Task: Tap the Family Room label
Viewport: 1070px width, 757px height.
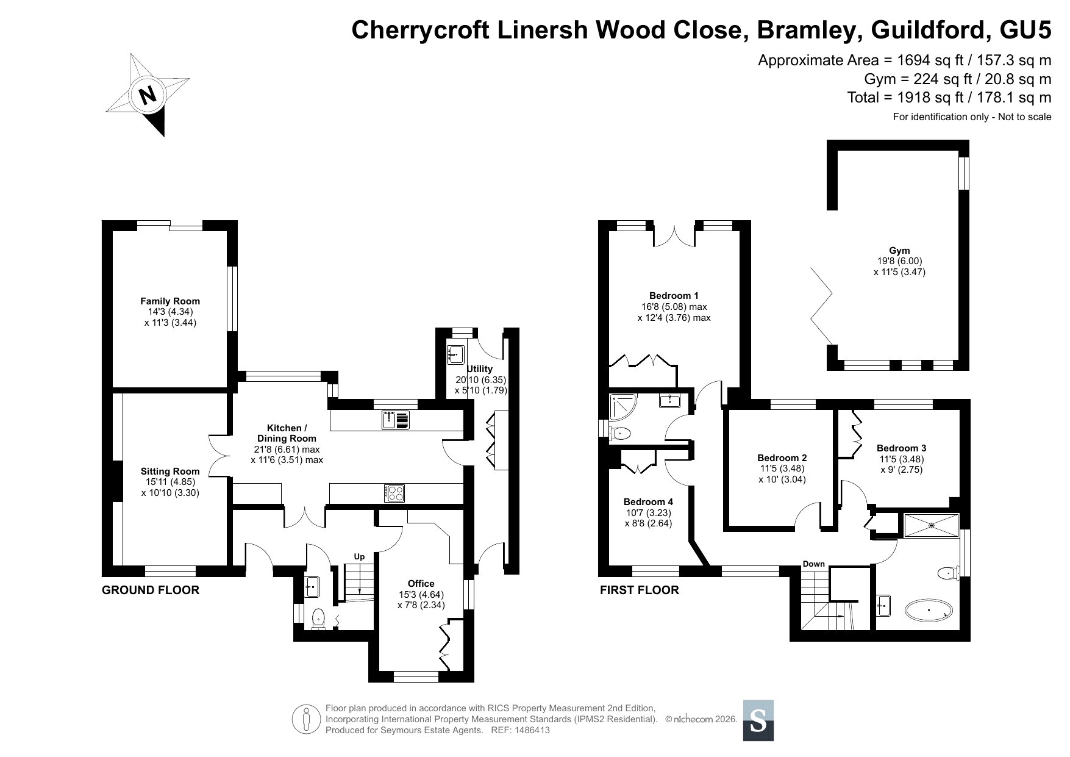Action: click(170, 301)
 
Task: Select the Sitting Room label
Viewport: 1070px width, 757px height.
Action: click(170, 471)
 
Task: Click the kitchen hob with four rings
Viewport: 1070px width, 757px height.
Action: click(394, 492)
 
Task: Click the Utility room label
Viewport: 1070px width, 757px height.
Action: click(480, 368)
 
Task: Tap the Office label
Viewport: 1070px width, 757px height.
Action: click(421, 584)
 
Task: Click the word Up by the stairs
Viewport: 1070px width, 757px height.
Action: click(360, 556)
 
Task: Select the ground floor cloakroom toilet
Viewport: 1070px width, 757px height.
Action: click(318, 619)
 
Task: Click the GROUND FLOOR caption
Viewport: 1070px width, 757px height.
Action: click(151, 590)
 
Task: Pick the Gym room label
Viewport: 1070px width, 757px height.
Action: click(899, 250)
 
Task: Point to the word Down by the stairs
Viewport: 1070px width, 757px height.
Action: click(813, 564)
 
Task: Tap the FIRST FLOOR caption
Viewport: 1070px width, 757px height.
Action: click(640, 590)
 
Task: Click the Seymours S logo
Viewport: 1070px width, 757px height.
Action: click(758, 720)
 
